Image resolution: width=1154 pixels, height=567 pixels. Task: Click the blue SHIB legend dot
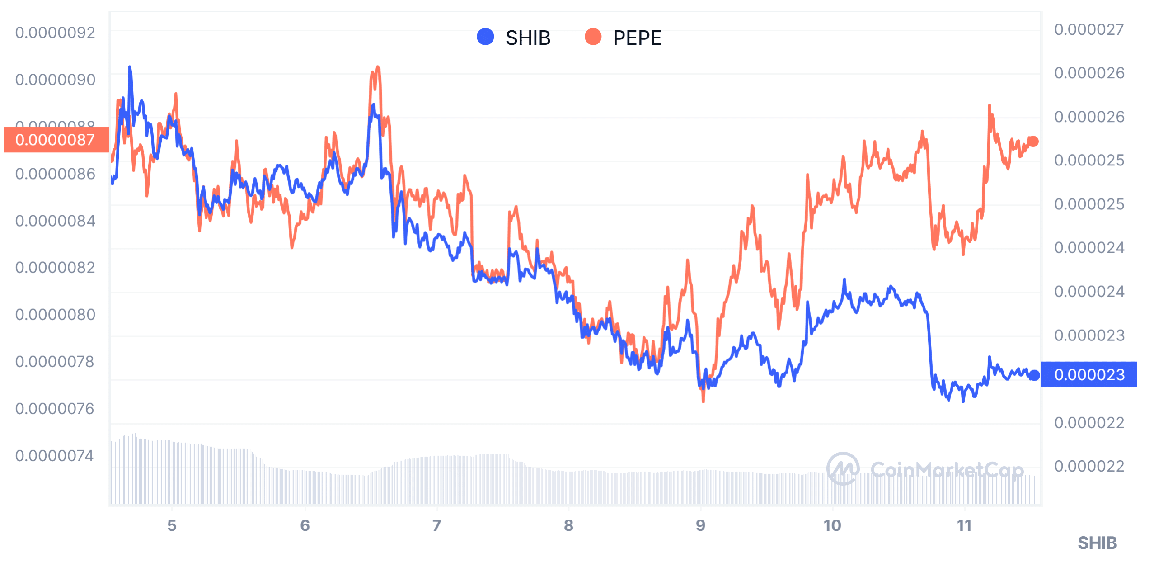(x=485, y=37)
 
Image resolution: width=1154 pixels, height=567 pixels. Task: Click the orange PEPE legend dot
(x=593, y=37)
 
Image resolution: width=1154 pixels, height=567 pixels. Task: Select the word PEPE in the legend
(x=637, y=38)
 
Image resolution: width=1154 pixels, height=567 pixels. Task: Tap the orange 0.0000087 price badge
(x=56, y=140)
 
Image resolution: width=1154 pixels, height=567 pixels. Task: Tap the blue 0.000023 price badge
(x=1089, y=374)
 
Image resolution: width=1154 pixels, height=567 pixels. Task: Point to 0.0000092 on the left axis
(x=55, y=33)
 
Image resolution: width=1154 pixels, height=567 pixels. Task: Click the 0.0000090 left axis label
(x=55, y=80)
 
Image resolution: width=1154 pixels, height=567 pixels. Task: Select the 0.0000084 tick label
(x=55, y=221)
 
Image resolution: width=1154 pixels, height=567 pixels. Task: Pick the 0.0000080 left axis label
(x=55, y=314)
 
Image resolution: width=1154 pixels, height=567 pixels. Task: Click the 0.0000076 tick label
(x=55, y=408)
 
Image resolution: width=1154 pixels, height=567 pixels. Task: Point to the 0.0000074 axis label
(x=55, y=455)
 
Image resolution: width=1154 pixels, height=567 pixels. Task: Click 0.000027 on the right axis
(x=1089, y=29)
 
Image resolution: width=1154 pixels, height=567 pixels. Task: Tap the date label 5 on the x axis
(x=172, y=525)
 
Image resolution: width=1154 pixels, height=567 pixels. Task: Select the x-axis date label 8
(x=568, y=525)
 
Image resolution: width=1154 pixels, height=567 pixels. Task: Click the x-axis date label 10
(x=832, y=525)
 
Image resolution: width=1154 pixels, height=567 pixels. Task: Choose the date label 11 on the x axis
(x=964, y=525)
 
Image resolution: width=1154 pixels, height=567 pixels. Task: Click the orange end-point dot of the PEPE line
(x=1033, y=142)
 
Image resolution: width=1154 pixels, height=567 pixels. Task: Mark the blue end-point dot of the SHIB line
(x=1034, y=375)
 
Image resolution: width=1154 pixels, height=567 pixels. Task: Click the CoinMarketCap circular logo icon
(x=843, y=469)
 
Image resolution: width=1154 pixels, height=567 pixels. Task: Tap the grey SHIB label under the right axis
(x=1097, y=543)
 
